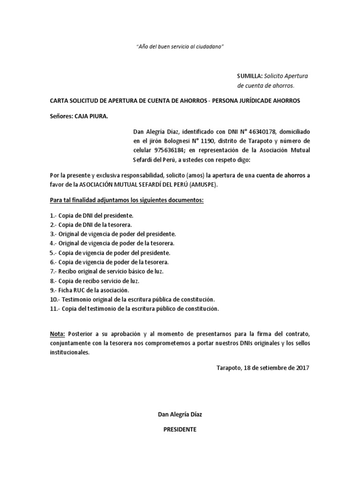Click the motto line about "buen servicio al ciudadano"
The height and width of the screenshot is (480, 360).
click(180, 47)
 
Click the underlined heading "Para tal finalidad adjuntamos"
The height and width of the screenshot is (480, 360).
click(127, 200)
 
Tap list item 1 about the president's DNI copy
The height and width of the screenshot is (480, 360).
click(92, 216)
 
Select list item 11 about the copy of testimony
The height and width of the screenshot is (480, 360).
click(134, 309)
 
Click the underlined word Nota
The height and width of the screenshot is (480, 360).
click(58, 334)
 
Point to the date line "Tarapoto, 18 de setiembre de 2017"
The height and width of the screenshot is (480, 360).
click(263, 368)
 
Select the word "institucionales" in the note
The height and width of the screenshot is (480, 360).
click(69, 352)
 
